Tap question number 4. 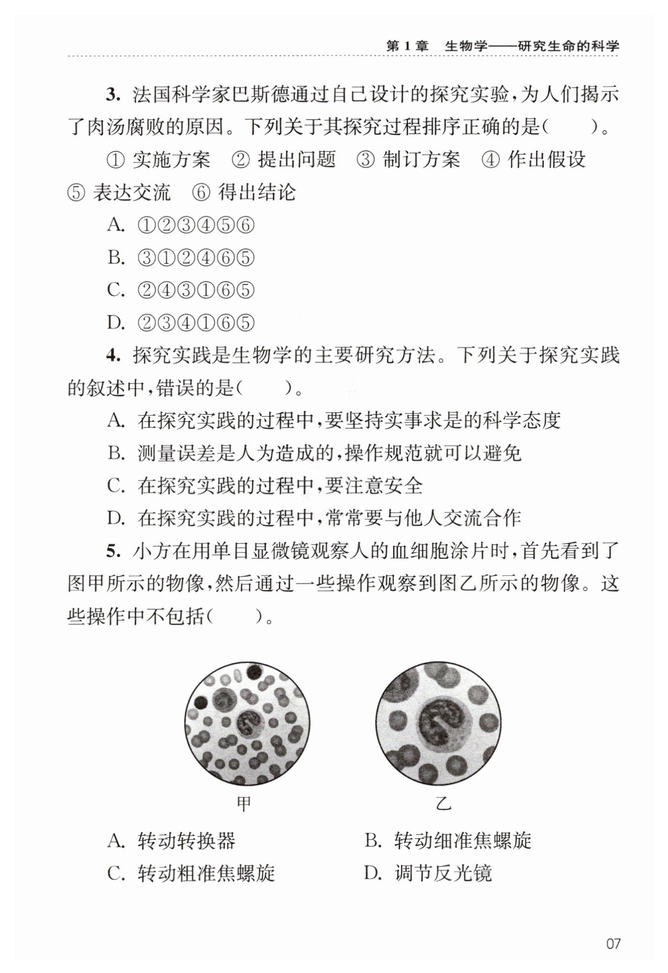click(113, 355)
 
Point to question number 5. click(113, 551)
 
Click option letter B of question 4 click(116, 453)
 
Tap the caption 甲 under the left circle click(244, 803)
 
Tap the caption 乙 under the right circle click(443, 803)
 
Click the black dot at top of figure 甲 click(254, 671)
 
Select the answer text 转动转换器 click(186, 841)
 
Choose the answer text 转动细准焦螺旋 click(462, 841)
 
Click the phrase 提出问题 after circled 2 click(296, 160)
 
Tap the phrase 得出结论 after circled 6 click(257, 192)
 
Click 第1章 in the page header click(407, 46)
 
